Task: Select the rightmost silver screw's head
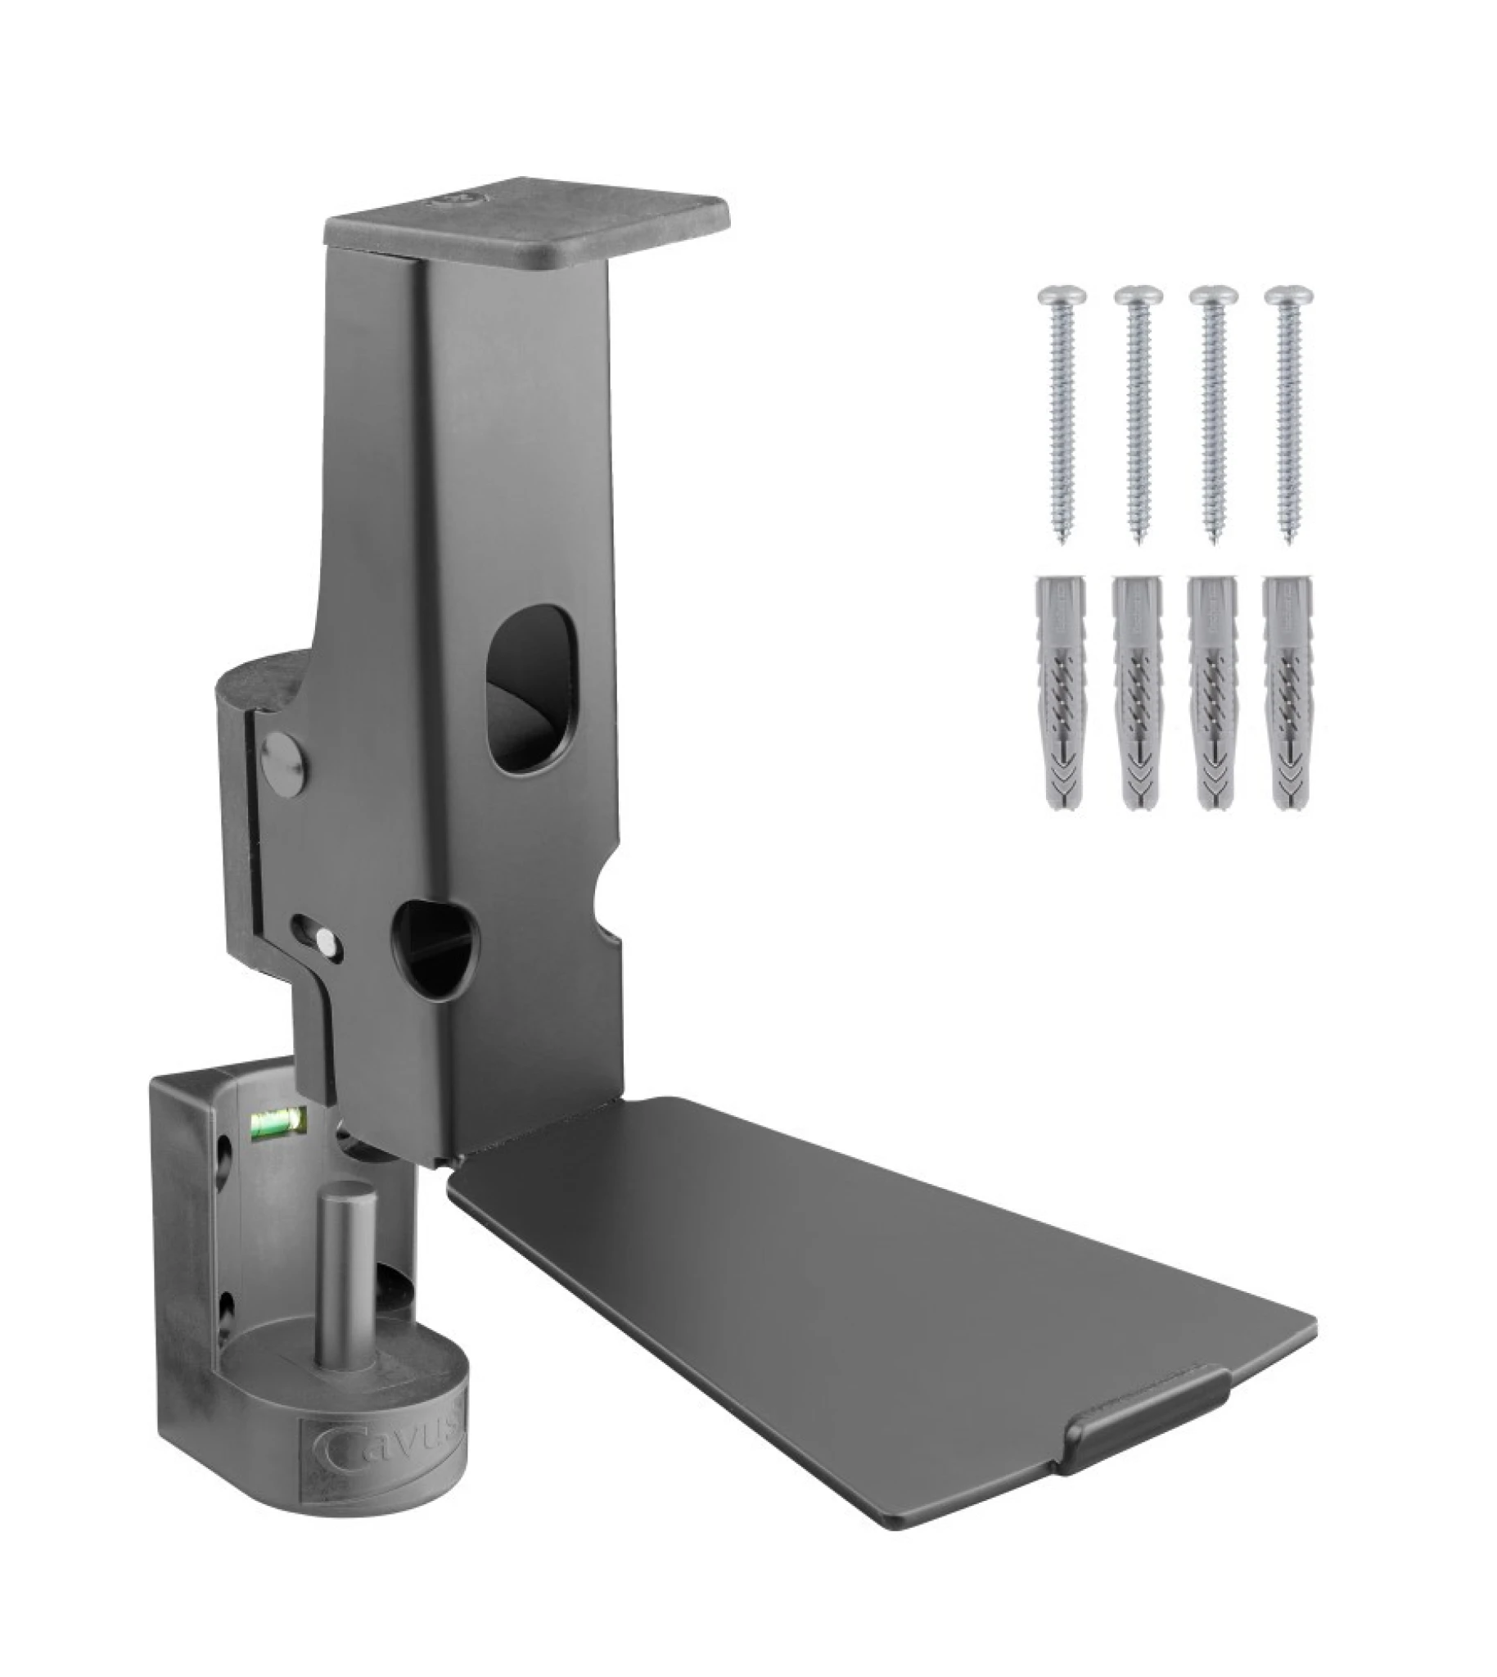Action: [x=1289, y=295]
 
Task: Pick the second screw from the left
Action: [x=1138, y=411]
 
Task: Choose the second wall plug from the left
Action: [x=1136, y=691]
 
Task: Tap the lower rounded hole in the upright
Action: [x=435, y=948]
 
